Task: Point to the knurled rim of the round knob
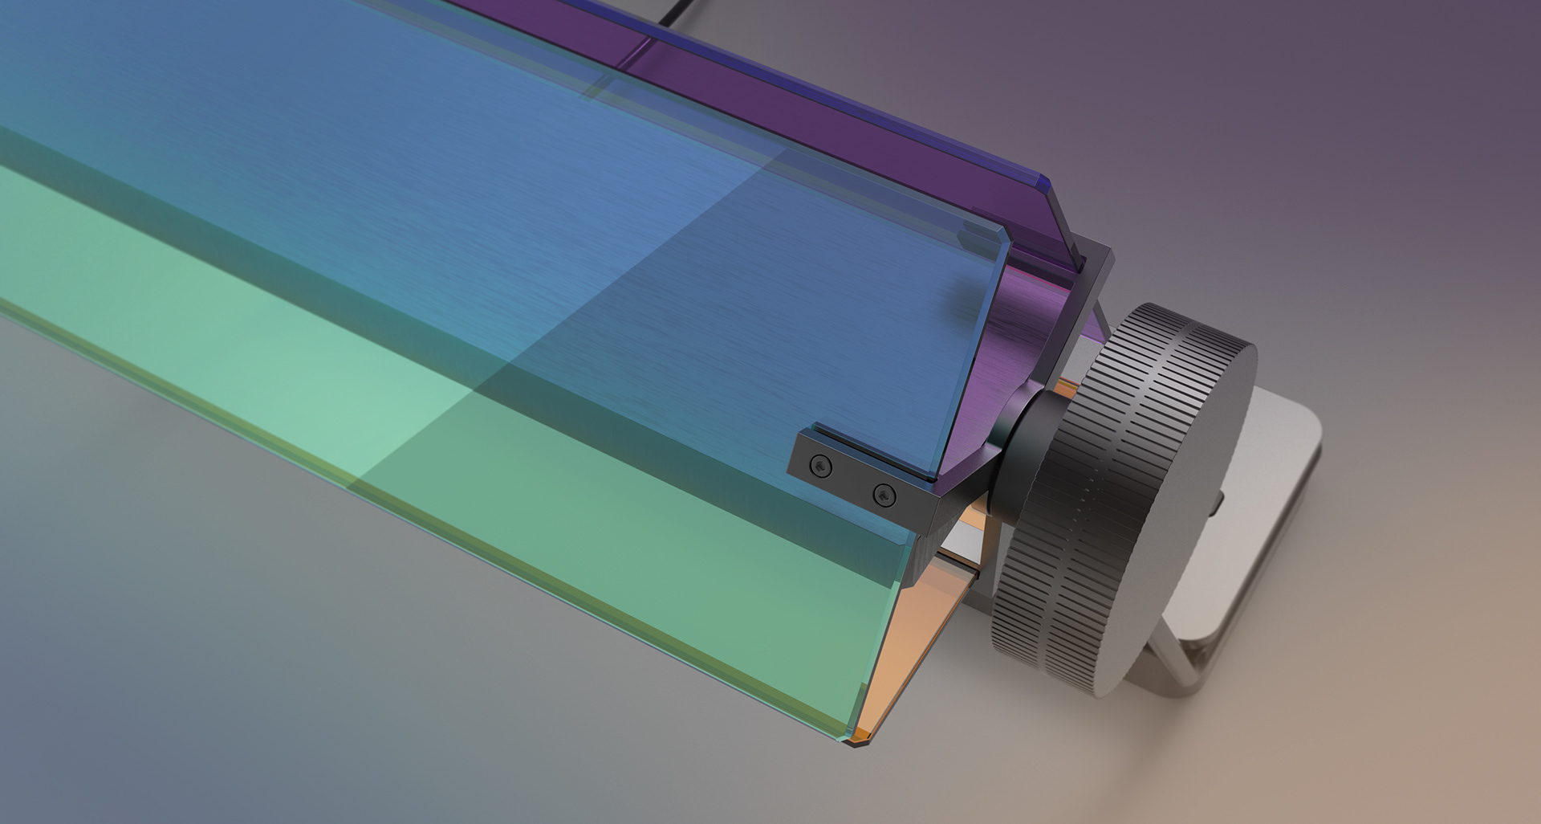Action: point(1059,514)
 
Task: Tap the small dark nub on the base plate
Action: point(1218,504)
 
